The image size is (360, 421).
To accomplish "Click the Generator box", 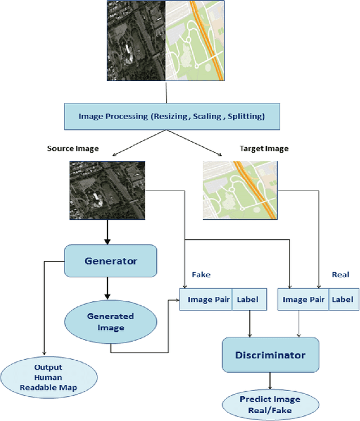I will [x=110, y=261].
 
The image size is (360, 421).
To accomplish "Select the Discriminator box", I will [x=271, y=355].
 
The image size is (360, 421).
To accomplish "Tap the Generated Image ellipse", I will [x=110, y=322].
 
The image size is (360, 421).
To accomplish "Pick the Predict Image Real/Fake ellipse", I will [x=270, y=403].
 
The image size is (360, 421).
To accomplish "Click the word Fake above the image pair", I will [x=201, y=275].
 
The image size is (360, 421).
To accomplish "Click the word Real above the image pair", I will [x=341, y=275].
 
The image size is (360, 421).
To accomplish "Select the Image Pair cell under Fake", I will [x=205, y=300].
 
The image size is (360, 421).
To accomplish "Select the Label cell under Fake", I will [x=247, y=300].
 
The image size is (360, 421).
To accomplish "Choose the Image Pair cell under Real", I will [x=303, y=300].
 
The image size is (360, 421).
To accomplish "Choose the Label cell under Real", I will [x=342, y=300].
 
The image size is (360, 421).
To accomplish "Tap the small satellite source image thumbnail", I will [x=107, y=189].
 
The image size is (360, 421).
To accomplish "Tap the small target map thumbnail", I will [x=240, y=189].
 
